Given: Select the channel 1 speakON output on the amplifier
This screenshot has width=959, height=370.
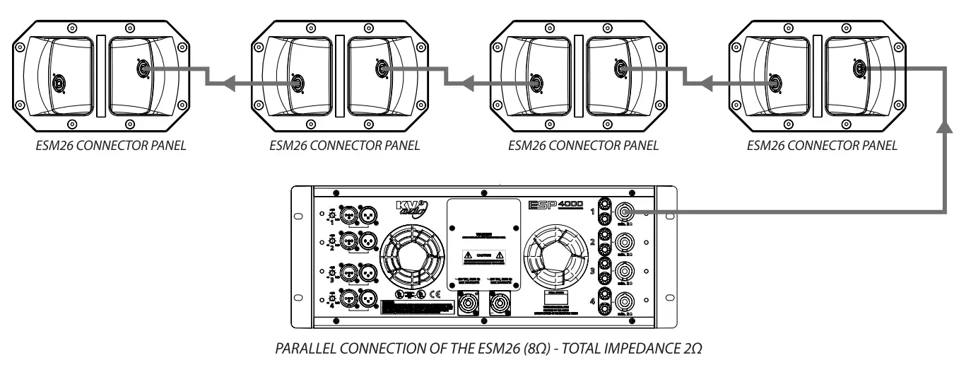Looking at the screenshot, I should pos(624,212).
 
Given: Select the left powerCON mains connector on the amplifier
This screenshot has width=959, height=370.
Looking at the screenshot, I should pos(467,310).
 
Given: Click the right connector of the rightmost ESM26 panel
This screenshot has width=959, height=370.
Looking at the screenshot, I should pos(860,69).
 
